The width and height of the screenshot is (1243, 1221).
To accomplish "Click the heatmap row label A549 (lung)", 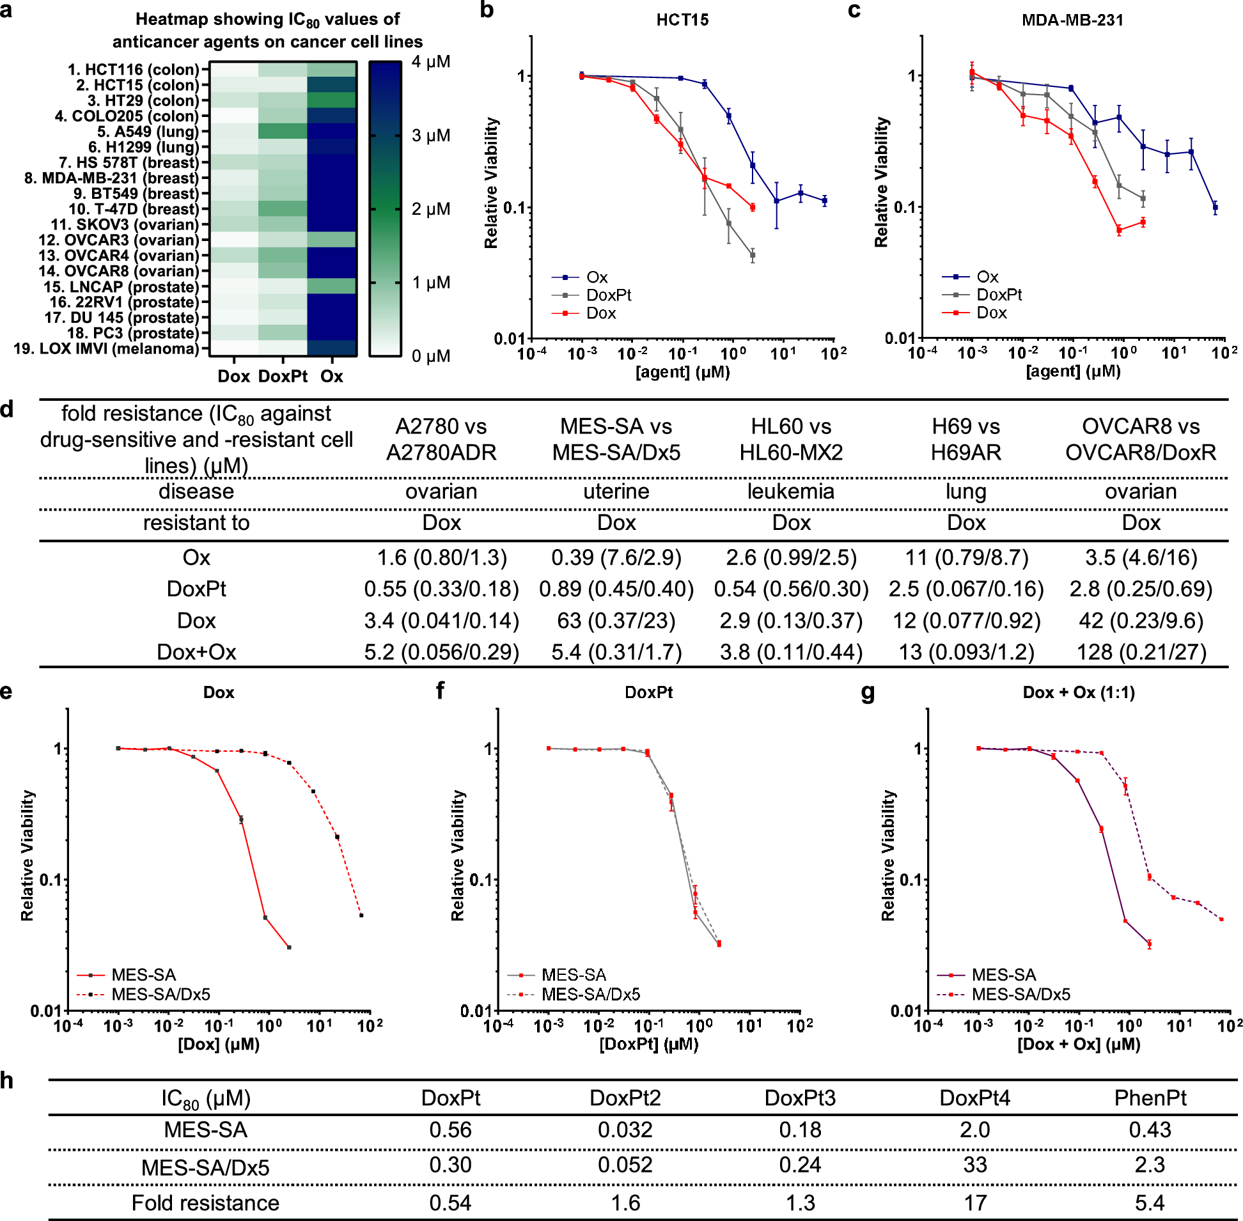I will [148, 132].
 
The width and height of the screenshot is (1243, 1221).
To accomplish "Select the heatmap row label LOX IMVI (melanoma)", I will [106, 349].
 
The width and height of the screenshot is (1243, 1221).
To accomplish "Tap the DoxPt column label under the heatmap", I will [283, 377].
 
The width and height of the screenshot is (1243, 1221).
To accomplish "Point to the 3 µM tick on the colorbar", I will [430, 136].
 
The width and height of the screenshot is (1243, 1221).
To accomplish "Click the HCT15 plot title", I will [682, 20].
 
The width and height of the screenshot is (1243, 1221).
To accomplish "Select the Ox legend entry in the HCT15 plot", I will [597, 277].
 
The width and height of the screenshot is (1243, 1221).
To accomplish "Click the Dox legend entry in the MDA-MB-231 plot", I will [991, 313].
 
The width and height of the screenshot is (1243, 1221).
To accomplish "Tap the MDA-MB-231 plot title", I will [1072, 20].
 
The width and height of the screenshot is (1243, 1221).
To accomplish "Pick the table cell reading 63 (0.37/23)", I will [616, 620].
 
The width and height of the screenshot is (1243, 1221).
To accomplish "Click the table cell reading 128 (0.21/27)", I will [1141, 652].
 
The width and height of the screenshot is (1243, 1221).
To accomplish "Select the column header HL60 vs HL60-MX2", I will [791, 439].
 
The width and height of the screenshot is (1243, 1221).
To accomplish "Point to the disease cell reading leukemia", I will [791, 491].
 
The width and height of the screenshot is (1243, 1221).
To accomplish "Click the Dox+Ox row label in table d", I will [196, 652].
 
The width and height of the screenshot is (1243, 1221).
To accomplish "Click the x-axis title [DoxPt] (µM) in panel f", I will [648, 1044].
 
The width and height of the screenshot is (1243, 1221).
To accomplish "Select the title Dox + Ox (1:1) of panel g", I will [1078, 692].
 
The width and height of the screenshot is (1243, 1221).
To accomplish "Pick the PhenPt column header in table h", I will [1150, 1098].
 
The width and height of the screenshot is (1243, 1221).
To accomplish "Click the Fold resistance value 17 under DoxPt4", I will [975, 1202].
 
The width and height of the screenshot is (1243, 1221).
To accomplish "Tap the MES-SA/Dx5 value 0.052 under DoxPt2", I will [625, 1165].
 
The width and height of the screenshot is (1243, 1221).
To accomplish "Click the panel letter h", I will [7, 1080].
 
